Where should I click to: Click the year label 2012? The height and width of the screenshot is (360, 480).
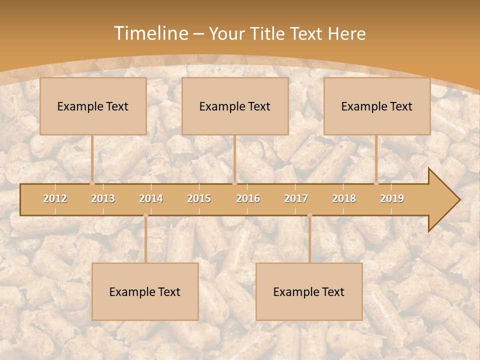pos(55,198)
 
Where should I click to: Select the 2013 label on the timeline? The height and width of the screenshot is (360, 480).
pos(103,198)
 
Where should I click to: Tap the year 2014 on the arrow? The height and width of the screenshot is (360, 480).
pos(151,198)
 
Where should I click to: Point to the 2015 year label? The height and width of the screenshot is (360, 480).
pos(199,198)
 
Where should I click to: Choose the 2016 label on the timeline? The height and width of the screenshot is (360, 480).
pos(248,198)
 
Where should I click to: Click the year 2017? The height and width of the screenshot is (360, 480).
pos(296,198)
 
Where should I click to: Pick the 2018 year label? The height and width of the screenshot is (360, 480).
pos(344,198)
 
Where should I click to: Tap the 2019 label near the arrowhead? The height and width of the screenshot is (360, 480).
pos(392,198)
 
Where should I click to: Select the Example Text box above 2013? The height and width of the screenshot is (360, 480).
pos(93,106)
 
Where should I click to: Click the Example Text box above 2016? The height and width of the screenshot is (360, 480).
pos(235,106)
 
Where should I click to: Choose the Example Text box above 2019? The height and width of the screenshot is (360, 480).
pos(377,106)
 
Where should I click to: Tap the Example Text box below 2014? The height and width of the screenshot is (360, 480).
pos(145,291)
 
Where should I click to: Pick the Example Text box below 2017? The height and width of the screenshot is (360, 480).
pos(309,291)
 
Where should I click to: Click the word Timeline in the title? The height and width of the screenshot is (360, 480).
pos(150,33)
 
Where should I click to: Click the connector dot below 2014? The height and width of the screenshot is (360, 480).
pos(145,215)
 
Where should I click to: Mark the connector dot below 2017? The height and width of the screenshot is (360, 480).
pos(309,215)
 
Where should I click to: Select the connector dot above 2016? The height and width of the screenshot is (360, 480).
pos(234,183)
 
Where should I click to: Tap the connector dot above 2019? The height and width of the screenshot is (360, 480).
pos(376,183)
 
